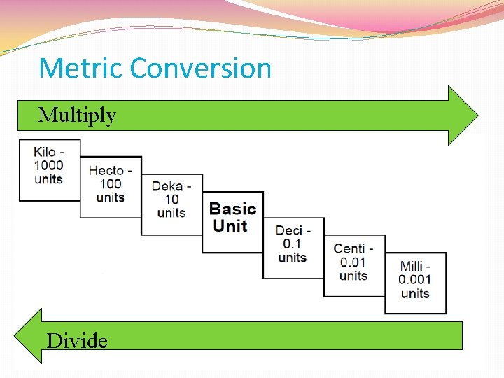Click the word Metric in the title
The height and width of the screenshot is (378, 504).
(x=80, y=69)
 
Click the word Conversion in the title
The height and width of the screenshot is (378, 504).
(x=200, y=69)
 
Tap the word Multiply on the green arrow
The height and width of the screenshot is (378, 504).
(x=77, y=115)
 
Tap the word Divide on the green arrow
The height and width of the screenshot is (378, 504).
(x=77, y=341)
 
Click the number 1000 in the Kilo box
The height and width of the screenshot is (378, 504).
(x=48, y=166)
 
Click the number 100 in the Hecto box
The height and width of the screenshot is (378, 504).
(x=110, y=184)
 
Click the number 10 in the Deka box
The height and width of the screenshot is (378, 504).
(x=171, y=199)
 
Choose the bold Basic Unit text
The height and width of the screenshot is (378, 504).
(x=232, y=217)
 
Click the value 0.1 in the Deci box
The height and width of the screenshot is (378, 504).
(x=293, y=244)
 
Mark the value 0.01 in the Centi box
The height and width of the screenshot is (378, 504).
(x=353, y=262)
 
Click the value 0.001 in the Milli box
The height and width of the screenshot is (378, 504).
(x=415, y=279)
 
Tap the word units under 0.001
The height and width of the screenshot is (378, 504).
(x=415, y=293)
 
